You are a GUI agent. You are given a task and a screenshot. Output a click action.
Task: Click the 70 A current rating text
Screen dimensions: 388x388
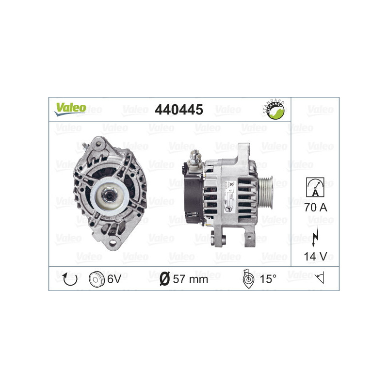(x=315, y=208)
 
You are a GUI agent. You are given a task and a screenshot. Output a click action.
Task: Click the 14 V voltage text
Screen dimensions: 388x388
(x=315, y=256)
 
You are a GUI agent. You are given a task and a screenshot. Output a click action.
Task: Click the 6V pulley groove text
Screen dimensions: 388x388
(x=114, y=278)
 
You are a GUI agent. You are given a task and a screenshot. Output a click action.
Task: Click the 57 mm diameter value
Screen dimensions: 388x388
(x=190, y=279)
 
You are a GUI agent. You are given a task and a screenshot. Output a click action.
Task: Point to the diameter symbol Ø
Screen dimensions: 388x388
(x=164, y=279)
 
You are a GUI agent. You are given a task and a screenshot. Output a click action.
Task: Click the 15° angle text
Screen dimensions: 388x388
(x=268, y=279)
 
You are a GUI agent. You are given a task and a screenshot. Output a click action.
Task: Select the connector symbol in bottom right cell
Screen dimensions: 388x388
(x=319, y=278)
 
